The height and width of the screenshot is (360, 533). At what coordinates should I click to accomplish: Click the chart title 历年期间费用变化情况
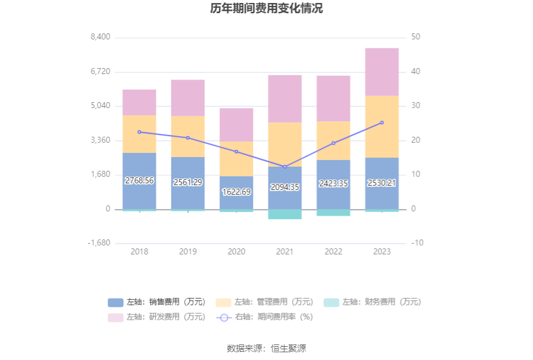coord(266,8)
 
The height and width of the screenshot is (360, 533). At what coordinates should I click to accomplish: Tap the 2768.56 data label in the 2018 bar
coord(139,180)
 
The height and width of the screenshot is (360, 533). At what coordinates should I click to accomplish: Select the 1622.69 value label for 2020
coord(236,192)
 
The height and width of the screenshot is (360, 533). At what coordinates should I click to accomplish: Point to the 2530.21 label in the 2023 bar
coord(382,183)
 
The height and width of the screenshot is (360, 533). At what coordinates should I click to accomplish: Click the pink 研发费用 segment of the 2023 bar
coord(382,72)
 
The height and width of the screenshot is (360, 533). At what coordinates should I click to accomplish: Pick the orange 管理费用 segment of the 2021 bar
coord(285,144)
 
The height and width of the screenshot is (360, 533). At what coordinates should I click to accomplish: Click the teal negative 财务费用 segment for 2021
coord(285,214)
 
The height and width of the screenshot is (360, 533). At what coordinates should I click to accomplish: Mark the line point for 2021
coord(285,167)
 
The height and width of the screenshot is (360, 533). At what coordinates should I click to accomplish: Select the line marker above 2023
coord(382,122)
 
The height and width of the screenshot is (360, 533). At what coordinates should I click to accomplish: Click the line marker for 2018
coord(139,132)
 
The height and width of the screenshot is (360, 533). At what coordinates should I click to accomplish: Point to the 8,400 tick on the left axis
coord(100,37)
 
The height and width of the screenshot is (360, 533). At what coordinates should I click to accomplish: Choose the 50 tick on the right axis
coord(416,37)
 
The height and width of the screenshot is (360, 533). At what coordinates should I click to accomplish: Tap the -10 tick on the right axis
coord(417,244)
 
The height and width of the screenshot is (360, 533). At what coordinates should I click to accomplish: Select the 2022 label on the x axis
coord(333,252)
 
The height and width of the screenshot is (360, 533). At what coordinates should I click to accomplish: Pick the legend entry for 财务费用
coord(372,302)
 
